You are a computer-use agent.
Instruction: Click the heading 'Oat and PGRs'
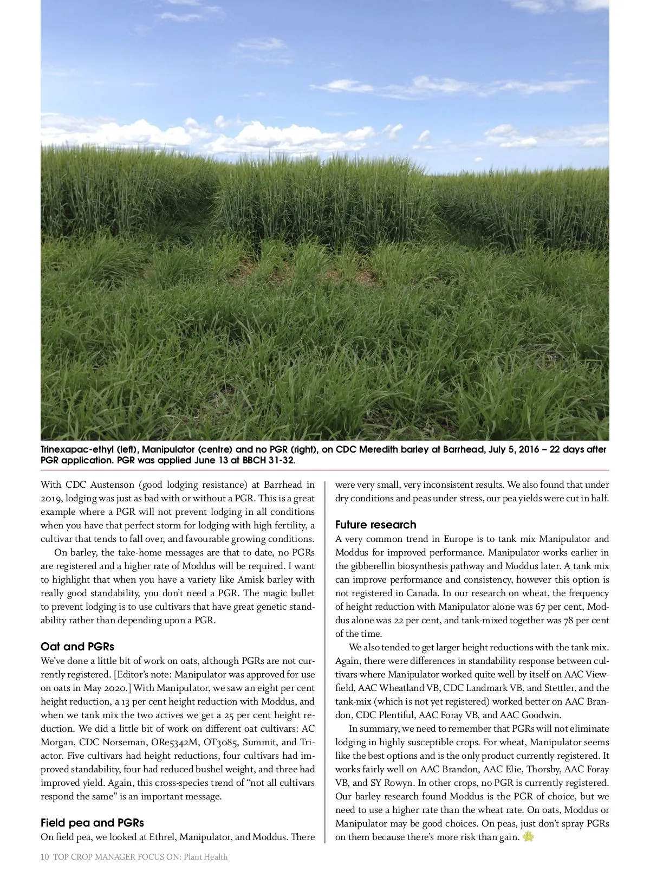coord(77,647)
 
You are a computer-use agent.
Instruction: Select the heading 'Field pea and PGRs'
coord(92,823)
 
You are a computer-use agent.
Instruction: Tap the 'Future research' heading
coord(375,525)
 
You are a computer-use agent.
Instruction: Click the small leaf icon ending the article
coord(529,837)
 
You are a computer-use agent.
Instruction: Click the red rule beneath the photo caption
coord(325,470)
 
